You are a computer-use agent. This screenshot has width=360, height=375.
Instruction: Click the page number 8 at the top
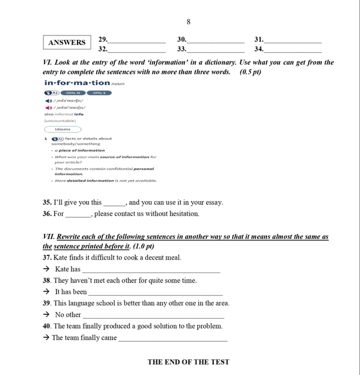click(x=188, y=21)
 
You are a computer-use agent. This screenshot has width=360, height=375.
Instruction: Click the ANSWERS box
click(x=67, y=42)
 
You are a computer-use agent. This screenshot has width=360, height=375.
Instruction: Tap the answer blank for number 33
click(x=216, y=51)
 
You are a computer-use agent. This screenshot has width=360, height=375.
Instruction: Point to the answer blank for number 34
click(x=293, y=51)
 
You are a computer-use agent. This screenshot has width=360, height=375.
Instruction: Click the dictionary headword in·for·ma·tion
click(x=77, y=83)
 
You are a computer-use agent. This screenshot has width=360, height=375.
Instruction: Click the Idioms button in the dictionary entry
click(x=62, y=129)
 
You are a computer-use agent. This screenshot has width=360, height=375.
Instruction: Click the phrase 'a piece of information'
click(x=79, y=150)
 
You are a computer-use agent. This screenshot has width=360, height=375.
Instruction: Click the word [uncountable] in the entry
click(x=60, y=120)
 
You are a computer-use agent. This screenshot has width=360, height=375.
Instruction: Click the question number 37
click(x=47, y=257)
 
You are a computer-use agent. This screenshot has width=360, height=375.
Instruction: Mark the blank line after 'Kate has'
click(x=151, y=271)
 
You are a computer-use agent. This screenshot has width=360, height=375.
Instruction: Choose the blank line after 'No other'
click(x=153, y=316)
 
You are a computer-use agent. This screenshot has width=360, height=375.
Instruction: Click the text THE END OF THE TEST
click(x=188, y=362)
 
